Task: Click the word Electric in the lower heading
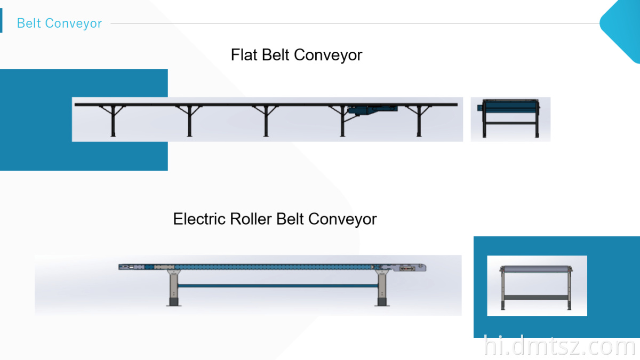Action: tap(199, 219)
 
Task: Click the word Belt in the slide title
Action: tap(29, 23)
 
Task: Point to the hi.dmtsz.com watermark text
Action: tap(559, 347)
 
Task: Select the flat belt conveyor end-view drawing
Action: tap(510, 118)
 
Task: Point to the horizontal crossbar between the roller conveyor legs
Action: tap(277, 286)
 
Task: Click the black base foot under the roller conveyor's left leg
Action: tap(174, 302)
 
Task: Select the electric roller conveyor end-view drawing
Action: tap(537, 286)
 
